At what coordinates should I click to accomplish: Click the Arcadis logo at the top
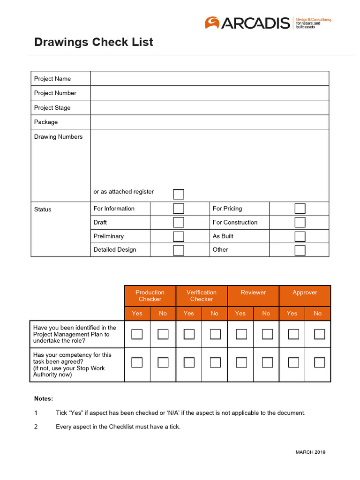pos(267,23)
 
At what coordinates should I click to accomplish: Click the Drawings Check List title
pos(94,42)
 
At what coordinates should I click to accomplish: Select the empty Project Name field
pos(210,78)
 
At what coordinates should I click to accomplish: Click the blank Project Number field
pos(210,93)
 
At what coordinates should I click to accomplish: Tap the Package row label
pos(46,122)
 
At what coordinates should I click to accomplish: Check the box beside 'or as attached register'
pos(179,194)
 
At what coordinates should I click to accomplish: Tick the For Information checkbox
pos(179,209)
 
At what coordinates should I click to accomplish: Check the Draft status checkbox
pos(179,222)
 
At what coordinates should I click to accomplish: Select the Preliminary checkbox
pos(179,236)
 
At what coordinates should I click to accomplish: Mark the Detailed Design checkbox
pos(179,250)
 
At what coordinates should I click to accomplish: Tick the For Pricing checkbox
pos(300,209)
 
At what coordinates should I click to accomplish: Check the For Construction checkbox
pos(300,222)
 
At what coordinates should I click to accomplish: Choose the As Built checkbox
pos(300,236)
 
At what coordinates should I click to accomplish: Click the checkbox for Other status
pos(300,250)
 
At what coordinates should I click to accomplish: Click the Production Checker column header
pos(150,296)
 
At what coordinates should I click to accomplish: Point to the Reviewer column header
pos(253,292)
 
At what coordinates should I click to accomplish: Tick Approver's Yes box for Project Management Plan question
pos(293,334)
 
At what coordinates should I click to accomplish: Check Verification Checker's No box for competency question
pos(215,362)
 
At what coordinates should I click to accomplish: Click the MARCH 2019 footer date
pos(310,452)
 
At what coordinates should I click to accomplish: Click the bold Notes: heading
pos(44,398)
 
